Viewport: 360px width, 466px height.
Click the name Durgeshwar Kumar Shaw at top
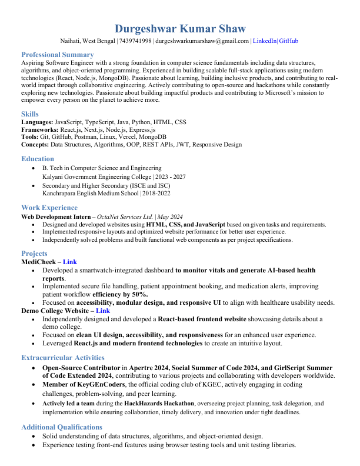(180, 29)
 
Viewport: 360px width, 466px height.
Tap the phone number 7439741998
(135, 41)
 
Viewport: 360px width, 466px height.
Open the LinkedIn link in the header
(264, 41)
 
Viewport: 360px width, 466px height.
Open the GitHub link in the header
(288, 41)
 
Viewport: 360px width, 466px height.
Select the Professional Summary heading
(57, 55)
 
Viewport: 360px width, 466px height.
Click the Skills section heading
(30, 114)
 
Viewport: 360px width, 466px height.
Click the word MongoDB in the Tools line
(154, 137)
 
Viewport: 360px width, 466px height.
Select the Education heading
(38, 159)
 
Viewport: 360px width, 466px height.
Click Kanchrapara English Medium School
(91, 193)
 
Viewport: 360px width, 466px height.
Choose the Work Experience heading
(49, 208)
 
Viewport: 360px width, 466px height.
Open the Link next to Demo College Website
(103, 311)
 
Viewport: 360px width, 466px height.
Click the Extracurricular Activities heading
(63, 358)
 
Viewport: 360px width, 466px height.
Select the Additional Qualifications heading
(62, 427)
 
